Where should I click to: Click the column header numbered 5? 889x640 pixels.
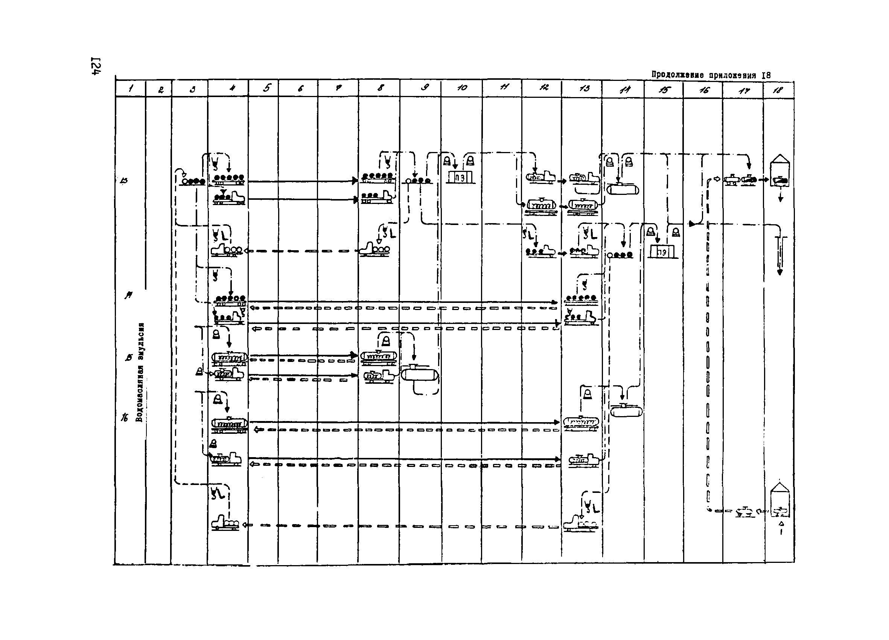267,88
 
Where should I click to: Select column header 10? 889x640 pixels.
462,88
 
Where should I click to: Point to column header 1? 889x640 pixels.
131,88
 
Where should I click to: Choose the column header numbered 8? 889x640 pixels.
380,88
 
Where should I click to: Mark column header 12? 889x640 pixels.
543,88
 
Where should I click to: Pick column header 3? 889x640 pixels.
192,89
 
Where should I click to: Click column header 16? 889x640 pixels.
704,90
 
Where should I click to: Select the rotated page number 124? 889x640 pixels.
96,66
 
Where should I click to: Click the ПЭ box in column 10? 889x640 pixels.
461,177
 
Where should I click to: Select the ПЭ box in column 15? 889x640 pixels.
662,252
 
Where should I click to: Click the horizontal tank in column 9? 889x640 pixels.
419,374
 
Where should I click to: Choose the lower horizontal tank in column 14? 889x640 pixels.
626,411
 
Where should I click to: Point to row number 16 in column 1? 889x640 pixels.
125,418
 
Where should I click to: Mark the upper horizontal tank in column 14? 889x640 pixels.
623,189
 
